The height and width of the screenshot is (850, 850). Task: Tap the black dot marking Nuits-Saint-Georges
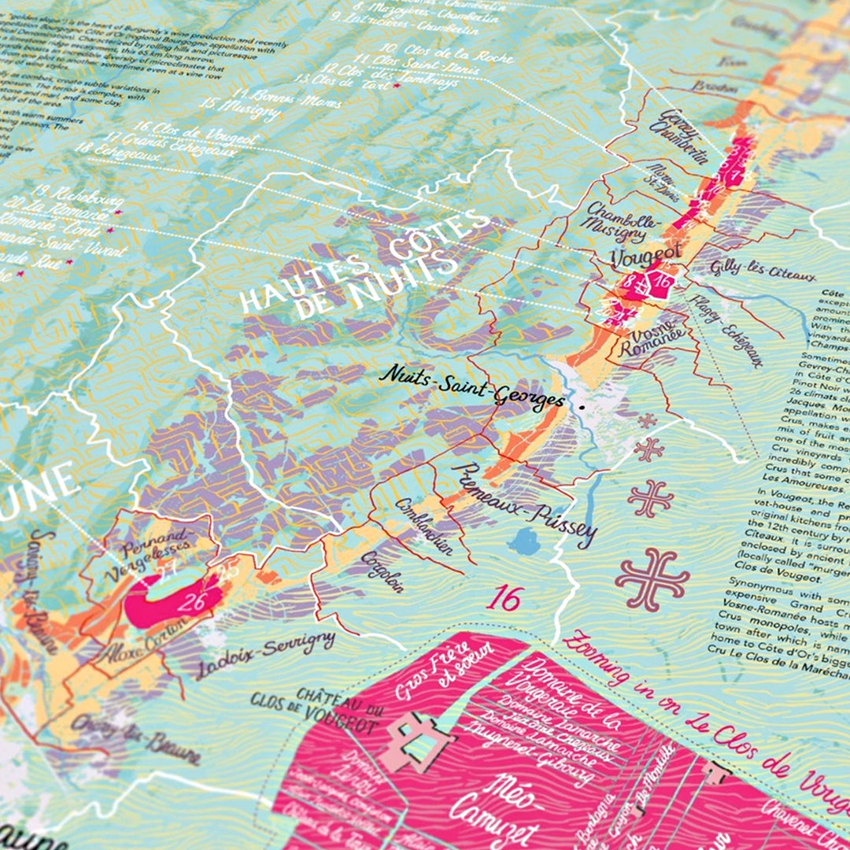click(x=581, y=408)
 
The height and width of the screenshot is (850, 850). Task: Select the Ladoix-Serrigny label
click(x=267, y=654)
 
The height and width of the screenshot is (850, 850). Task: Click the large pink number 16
click(x=504, y=598)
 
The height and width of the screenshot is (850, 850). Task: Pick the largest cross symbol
click(x=652, y=578)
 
